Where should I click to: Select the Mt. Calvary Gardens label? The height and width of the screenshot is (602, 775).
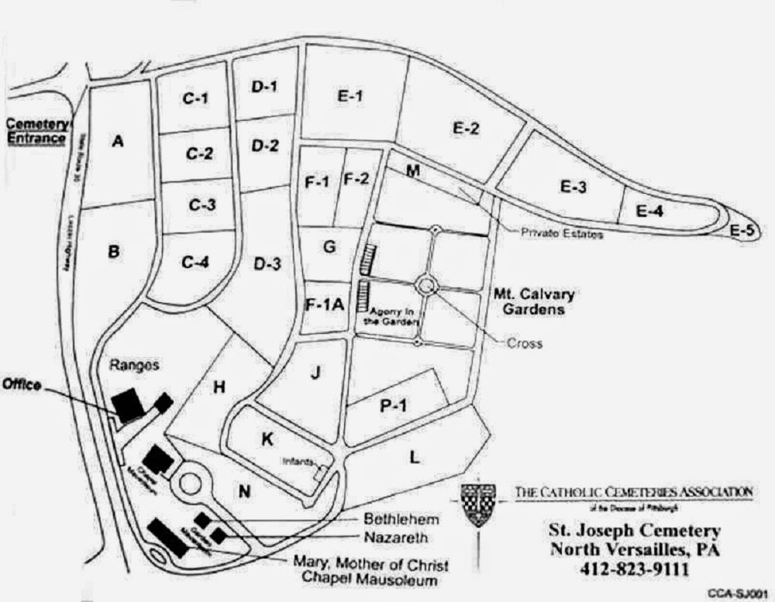(x=534, y=302)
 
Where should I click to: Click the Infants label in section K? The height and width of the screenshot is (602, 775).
(x=298, y=462)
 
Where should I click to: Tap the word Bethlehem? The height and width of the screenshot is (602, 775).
(x=400, y=518)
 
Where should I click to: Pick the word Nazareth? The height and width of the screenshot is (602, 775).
(x=397, y=536)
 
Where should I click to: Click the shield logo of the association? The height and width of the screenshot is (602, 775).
(x=477, y=504)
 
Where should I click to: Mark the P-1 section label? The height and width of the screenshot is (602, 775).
(x=392, y=404)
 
